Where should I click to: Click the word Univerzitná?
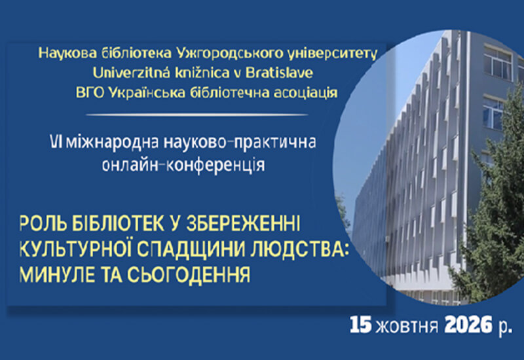click(132, 73)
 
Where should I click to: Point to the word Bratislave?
click(280, 73)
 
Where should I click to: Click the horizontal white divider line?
click(197, 115)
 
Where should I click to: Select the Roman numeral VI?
click(54, 143)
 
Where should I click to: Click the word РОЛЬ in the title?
click(42, 224)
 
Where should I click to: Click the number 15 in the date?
click(361, 325)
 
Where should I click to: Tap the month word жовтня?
click(407, 325)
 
